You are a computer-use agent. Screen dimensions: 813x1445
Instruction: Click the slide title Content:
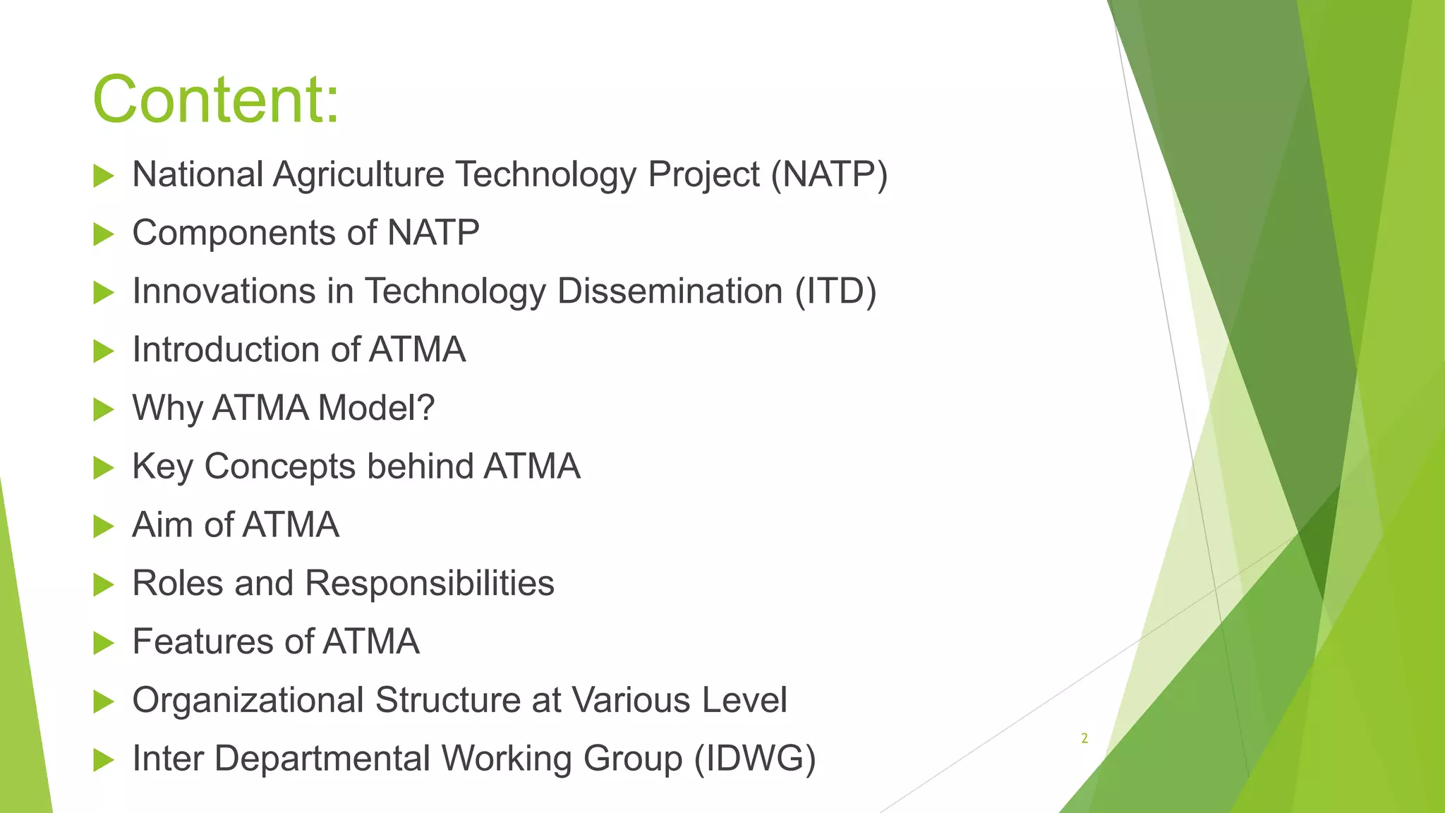[x=216, y=100]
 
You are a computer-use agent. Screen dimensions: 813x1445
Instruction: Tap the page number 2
[x=1084, y=739]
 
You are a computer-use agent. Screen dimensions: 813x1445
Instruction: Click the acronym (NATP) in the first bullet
[x=829, y=174]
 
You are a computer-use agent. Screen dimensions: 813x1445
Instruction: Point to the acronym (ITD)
[x=835, y=291]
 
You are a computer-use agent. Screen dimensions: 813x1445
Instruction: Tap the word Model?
[x=376, y=408]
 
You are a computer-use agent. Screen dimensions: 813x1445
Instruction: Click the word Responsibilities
[x=430, y=584]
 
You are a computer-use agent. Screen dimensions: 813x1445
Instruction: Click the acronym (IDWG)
[x=755, y=759]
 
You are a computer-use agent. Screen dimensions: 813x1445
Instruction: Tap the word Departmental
[x=322, y=759]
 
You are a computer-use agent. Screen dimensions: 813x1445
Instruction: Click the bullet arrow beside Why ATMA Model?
[x=103, y=409]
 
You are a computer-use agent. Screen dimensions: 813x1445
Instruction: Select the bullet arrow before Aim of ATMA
[x=103, y=526]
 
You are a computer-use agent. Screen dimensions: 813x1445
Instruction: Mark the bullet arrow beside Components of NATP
[x=103, y=234]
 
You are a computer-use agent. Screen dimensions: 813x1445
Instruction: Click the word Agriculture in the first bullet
[x=358, y=175]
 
